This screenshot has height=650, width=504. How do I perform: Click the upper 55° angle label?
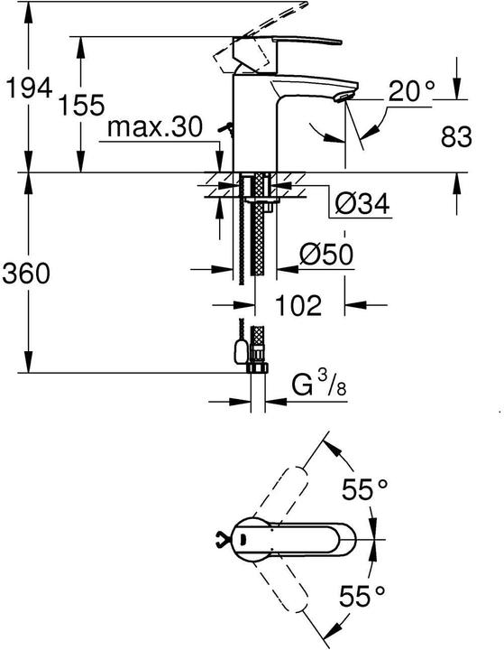pyautogui.click(x=364, y=490)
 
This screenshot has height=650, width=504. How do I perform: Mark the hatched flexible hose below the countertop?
pyautogui.click(x=259, y=244)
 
